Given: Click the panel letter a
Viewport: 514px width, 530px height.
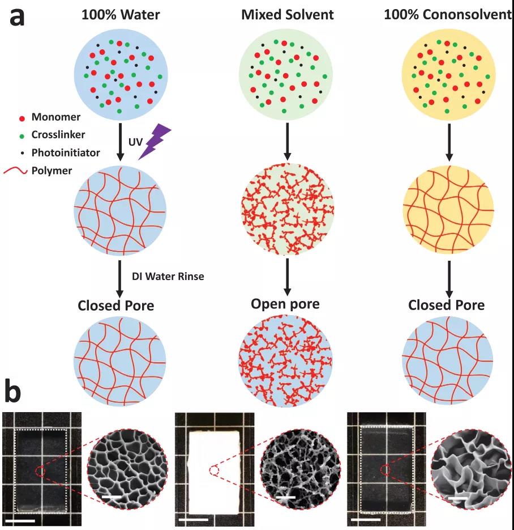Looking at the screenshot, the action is tap(17, 18).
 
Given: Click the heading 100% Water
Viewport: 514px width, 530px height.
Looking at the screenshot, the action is tap(121, 15).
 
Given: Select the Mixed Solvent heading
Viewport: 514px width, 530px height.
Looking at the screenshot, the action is tap(288, 15).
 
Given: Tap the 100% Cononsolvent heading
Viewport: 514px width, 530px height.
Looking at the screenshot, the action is tap(448, 15).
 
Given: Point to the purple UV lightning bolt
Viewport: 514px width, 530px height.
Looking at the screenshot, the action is tap(155, 141).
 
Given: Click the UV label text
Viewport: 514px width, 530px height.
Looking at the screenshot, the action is tap(135, 142).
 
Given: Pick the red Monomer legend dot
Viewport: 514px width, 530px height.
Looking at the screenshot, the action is tap(22, 118).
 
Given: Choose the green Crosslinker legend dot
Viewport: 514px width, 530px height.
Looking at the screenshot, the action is tap(22, 136).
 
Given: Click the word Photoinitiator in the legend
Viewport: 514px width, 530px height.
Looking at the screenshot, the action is tap(66, 152).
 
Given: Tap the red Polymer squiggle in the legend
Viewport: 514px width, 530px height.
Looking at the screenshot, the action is tap(15, 171).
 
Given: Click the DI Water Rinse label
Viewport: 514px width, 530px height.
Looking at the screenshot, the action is tap(168, 276).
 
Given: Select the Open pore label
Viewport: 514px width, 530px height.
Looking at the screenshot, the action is tap(285, 303).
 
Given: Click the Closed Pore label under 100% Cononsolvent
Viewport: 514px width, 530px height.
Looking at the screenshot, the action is tap(446, 305).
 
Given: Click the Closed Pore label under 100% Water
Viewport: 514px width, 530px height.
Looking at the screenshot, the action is tap(115, 305).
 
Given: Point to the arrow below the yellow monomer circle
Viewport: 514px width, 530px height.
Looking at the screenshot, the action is tap(449, 142).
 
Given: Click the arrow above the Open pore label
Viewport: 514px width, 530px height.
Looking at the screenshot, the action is tap(287, 277).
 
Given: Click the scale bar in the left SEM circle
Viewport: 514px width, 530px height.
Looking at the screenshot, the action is tap(112, 497).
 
